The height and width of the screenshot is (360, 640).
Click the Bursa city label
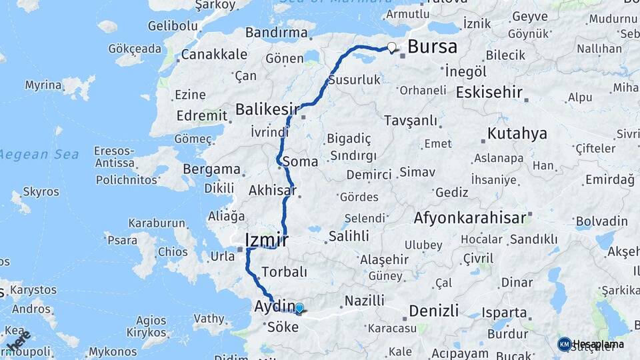pyautogui.click(x=432, y=47)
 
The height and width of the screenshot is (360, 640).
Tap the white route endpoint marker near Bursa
pyautogui.click(x=392, y=47)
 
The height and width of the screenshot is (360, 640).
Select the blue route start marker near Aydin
pyautogui.click(x=299, y=308)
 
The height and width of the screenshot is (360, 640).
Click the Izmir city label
pyautogui.click(x=267, y=240)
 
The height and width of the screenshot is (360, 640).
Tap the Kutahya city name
pyautogui.click(x=517, y=133)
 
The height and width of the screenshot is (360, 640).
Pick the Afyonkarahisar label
pyautogui.click(x=471, y=218)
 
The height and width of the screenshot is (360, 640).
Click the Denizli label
pyautogui.click(x=433, y=311)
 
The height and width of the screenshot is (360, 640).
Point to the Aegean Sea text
pyautogui.click(x=40, y=155)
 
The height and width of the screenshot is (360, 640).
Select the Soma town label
pyautogui.click(x=301, y=161)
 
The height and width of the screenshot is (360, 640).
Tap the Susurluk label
pyautogui.click(x=355, y=79)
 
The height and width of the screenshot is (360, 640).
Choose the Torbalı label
pyautogui.click(x=285, y=272)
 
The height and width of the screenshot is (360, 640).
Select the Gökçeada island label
pyautogui.click(x=135, y=49)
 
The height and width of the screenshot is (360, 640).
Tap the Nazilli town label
pyautogui.click(x=363, y=301)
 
